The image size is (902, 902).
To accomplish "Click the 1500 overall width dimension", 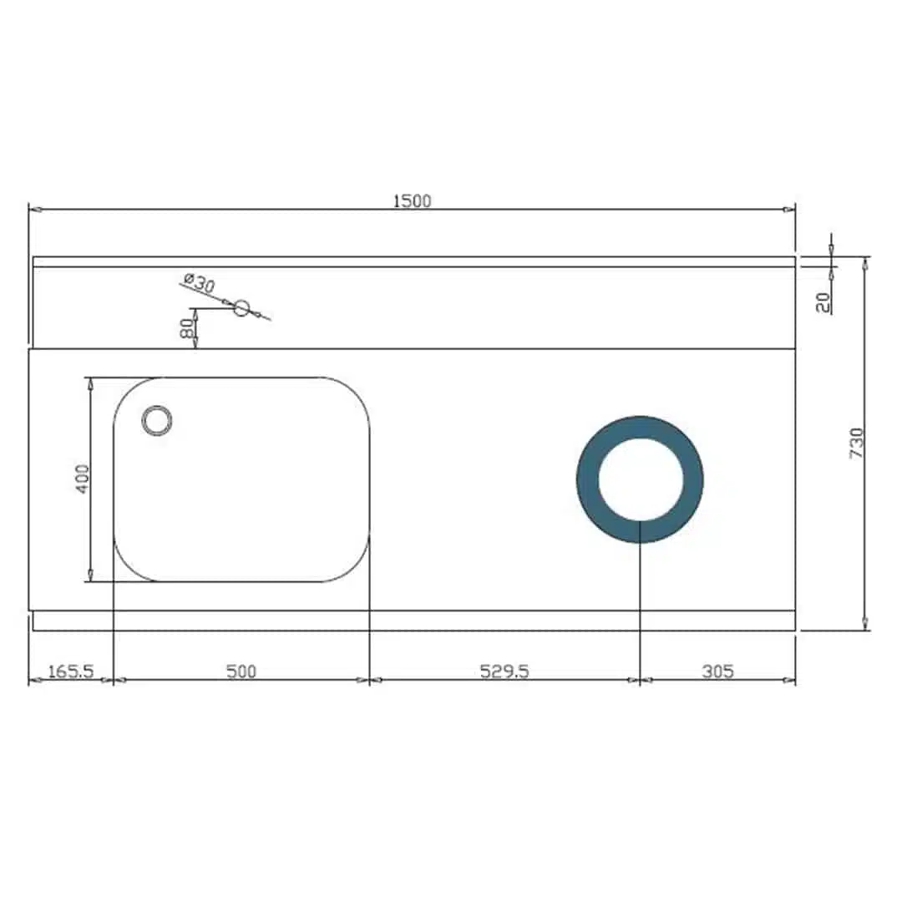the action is (412, 200).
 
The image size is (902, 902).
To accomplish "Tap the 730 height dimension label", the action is (857, 443).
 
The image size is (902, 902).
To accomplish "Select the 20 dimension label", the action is (823, 302).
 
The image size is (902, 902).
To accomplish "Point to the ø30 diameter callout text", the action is (199, 283).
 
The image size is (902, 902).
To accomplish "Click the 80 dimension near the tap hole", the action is (187, 329).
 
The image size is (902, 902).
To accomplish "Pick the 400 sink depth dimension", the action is (82, 479).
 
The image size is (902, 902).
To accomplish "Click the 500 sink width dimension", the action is (241, 671).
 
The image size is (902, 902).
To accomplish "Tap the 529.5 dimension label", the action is (504, 671).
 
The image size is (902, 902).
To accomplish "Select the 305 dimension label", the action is (718, 671).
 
